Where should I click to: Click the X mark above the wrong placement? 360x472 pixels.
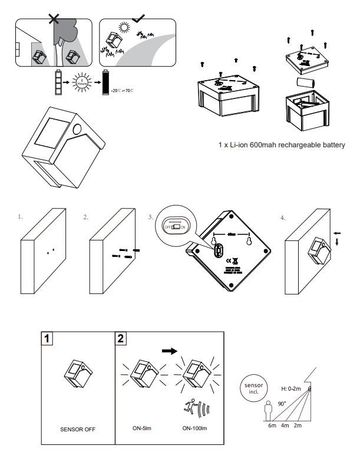click(54, 18)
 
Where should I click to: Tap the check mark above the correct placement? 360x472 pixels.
click(139, 18)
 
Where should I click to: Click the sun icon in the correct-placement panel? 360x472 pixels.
click(124, 27)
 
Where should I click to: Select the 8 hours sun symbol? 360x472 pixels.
click(82, 83)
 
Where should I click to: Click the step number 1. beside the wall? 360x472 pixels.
click(20, 217)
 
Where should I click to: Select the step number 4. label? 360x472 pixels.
click(283, 217)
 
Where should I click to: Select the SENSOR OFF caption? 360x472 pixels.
click(77, 429)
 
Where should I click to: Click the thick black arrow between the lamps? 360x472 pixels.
click(170, 350)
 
